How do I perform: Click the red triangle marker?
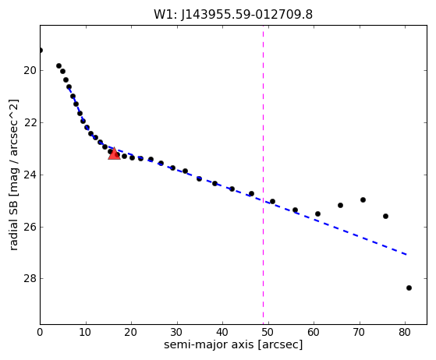pyautogui.click(x=114, y=154)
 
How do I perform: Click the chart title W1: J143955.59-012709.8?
pyautogui.click(x=233, y=15)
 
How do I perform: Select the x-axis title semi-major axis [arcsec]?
pyautogui.click(x=233, y=344)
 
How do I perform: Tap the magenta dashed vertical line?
pyautogui.click(x=263, y=175)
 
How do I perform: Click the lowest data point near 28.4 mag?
pyautogui.click(x=409, y=288)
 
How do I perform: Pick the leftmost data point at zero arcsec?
pyautogui.click(x=41, y=51)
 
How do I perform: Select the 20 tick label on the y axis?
pyautogui.click(x=30, y=71)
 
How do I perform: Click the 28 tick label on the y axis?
pyautogui.click(x=30, y=279)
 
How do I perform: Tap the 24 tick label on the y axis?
pyautogui.click(x=30, y=175)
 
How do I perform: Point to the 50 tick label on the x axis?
pyautogui.click(x=268, y=332)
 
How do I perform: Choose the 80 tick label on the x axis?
pyautogui.click(x=405, y=332)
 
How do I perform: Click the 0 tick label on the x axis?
pyautogui.click(x=40, y=332)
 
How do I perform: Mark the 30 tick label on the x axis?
pyautogui.click(x=177, y=332)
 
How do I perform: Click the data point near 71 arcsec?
pyautogui.click(x=363, y=199)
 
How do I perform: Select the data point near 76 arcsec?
pyautogui.click(x=385, y=216)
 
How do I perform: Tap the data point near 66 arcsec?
pyautogui.click(x=340, y=205)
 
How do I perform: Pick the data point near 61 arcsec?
pyautogui.click(x=317, y=214)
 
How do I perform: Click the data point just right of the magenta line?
pyautogui.click(x=272, y=201)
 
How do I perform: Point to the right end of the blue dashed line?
pyautogui.click(x=406, y=255)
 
